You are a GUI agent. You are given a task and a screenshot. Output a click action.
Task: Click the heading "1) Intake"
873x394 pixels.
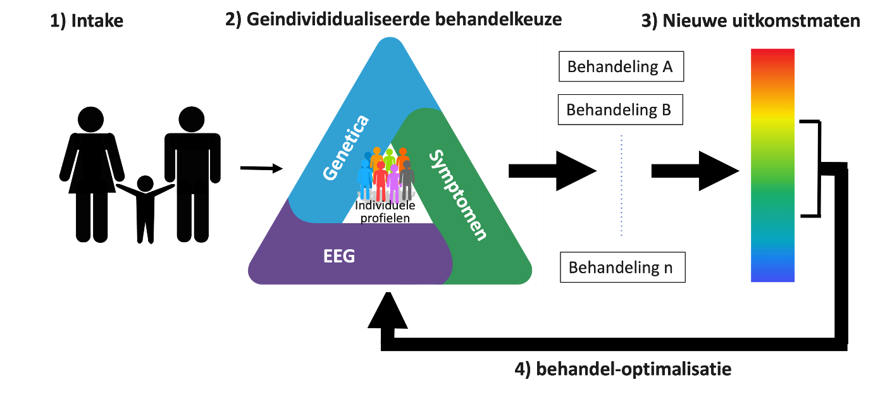pos(87,21)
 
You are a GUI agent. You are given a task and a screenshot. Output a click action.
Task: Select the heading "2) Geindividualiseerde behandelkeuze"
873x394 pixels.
pos(393,20)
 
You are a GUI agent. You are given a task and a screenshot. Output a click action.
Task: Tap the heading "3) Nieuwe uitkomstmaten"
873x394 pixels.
pos(751,21)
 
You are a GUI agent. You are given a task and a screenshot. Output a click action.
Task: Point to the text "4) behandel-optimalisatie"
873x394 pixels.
pos(624,369)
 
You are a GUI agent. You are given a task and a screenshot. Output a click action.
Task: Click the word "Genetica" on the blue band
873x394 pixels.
pos(345,147)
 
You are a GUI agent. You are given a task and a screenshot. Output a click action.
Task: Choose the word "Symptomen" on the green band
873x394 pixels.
pos(458,195)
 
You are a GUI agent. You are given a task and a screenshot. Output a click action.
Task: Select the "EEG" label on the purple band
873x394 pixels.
pos(339,256)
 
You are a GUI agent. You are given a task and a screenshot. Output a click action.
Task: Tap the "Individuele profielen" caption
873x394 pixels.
pos(385,212)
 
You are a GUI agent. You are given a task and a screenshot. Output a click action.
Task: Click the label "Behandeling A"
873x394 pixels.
pos(620,66)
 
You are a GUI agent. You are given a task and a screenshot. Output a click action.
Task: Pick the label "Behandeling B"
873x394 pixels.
pos(619,110)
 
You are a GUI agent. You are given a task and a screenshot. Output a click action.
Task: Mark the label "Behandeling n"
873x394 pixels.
pos(621,268)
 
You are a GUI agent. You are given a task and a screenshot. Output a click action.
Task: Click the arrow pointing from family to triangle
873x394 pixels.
pos(263,168)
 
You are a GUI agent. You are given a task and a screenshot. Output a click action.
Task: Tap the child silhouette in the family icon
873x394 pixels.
pos(145,209)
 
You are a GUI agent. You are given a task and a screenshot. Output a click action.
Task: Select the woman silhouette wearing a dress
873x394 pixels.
pos(91,171)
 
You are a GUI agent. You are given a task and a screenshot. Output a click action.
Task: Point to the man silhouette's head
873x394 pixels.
pos(192,120)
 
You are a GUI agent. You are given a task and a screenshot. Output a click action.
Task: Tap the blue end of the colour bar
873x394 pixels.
pos(772,275)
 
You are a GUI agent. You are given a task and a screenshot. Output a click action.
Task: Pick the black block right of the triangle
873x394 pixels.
pos(523,171)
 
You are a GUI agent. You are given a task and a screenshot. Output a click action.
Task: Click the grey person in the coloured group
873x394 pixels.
pos(407,180)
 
